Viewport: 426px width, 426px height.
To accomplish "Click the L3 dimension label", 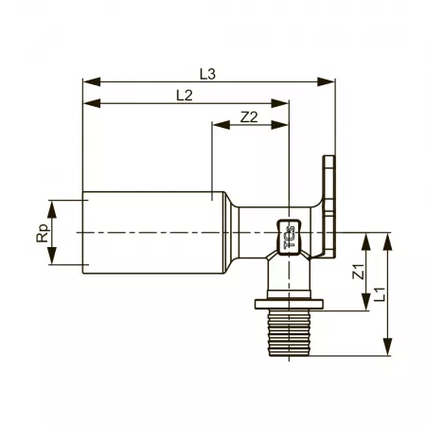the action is [207, 74].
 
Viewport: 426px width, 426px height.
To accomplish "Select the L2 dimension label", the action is [185, 96].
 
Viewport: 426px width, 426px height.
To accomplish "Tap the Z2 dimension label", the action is [249, 117].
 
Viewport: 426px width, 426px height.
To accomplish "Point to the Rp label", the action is [43, 233].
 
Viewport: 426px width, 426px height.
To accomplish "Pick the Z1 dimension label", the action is [359, 271].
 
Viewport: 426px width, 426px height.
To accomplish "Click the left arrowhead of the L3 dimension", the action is [92, 81].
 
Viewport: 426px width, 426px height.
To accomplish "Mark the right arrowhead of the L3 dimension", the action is [326, 81].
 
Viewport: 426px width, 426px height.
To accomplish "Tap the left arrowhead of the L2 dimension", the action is [92, 103].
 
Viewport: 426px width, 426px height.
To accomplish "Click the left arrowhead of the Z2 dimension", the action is [222, 125].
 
